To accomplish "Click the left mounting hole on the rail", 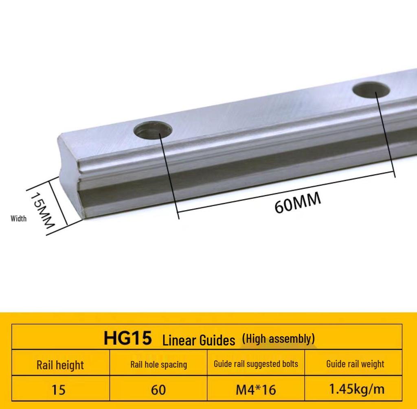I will tap(153, 131).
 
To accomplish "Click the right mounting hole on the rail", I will tap(371, 90).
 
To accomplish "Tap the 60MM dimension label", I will tap(298, 202).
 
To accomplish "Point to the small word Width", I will tap(18, 219).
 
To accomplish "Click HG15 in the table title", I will tap(127, 339).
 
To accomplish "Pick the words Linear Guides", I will tap(199, 340).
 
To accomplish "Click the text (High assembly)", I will tap(278, 338).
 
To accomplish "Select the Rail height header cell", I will tap(60, 365).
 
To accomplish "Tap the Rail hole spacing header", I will tap(158, 365).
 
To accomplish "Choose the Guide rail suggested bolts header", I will tap(256, 364).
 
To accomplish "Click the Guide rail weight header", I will tap(355, 364).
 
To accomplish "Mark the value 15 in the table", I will tap(59, 390).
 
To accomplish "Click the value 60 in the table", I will tap(158, 390).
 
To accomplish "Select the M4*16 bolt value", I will tap(256, 390).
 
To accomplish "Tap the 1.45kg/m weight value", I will tap(356, 389).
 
